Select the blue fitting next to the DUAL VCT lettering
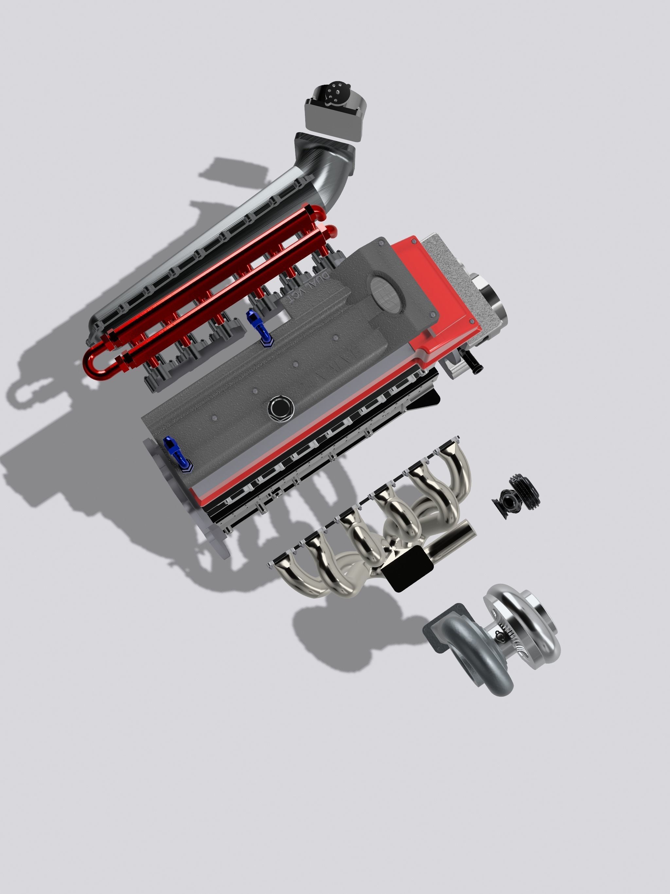pyautogui.click(x=259, y=327)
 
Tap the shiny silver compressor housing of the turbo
pyautogui.click(x=525, y=618)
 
